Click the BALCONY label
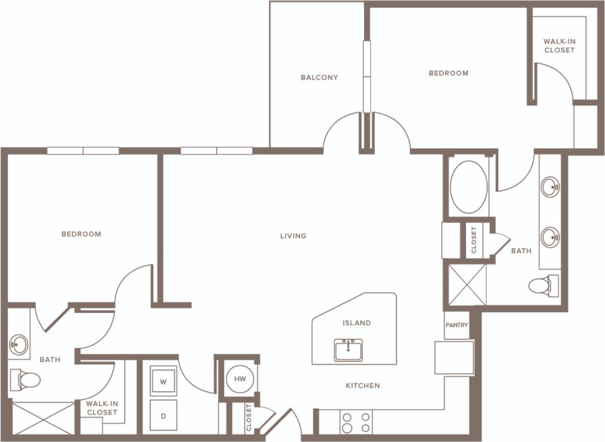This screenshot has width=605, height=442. coord(319,78)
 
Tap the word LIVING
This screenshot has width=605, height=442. coord(293,236)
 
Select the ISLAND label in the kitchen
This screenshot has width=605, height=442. coord(356,323)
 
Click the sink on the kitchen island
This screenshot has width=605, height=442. coord(348,350)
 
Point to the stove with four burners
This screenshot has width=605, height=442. coord(356,422)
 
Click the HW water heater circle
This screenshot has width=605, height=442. coord(240,379)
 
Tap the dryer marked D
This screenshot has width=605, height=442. coord(163,416)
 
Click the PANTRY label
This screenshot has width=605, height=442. coord(457,325)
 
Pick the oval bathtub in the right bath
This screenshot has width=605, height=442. coord(468,187)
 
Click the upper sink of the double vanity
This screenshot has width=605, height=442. coord(550,187)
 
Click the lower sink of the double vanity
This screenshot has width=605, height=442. coord(550,237)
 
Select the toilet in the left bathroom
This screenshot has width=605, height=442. coord(25,379)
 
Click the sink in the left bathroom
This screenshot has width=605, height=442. coord(19,345)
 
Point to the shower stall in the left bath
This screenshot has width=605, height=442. coord(43,418)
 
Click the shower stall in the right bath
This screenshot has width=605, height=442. coord(466,284)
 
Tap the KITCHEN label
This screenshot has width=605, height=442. coord(363,386)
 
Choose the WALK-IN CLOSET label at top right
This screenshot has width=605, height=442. coord(559,46)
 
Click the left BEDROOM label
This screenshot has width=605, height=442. coord(81,234)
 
